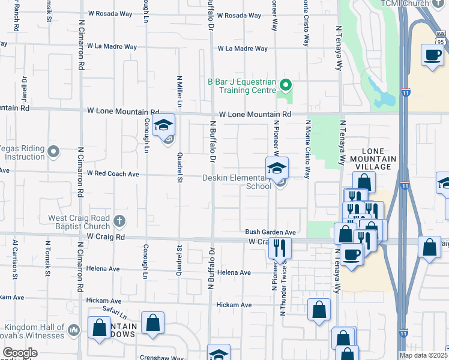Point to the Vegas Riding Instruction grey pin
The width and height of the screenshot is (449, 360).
click(x=53, y=152)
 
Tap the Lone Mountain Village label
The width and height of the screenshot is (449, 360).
click(x=379, y=159)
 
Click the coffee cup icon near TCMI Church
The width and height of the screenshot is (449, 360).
click(x=432, y=55)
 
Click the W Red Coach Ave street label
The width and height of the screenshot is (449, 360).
click(x=113, y=173)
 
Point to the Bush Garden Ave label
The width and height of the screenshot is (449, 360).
click(x=270, y=232)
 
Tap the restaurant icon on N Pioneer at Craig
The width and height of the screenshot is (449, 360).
click(x=279, y=247)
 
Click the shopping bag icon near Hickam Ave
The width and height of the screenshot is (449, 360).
click(x=319, y=310)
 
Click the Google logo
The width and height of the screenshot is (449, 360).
click(x=20, y=353)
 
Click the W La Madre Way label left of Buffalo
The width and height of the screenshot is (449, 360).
click(x=112, y=46)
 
